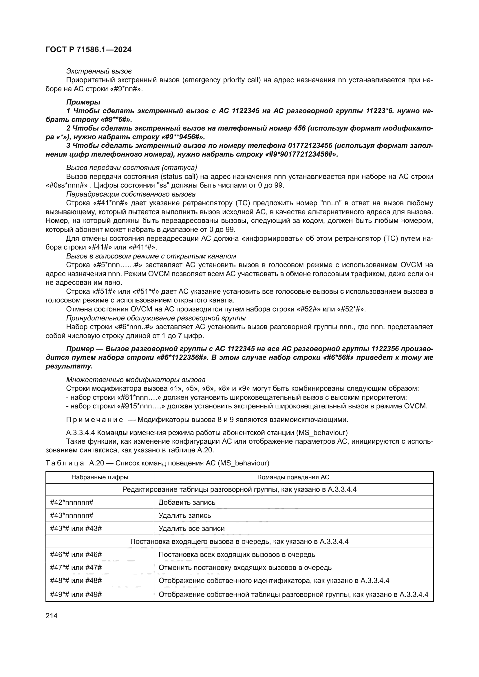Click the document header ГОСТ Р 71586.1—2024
[x=89, y=49]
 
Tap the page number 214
[x=51, y=616]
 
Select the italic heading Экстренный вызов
[x=98, y=71]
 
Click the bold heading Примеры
[x=83, y=102]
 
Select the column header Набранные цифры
[x=100, y=477]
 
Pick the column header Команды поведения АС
[x=293, y=477]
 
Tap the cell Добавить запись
[x=187, y=502]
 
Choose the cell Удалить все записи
[x=191, y=529]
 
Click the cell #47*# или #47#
[x=76, y=568]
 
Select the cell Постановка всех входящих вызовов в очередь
[x=237, y=555]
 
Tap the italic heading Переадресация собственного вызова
[x=131, y=194]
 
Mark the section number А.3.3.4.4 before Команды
[x=80, y=432]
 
